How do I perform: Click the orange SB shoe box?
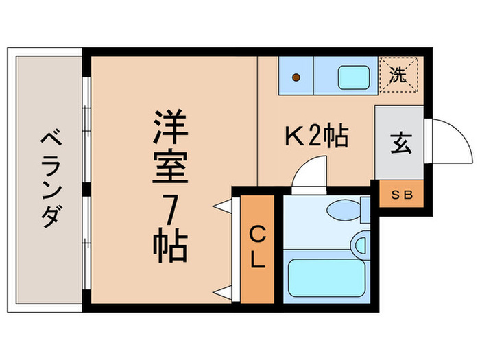coord(402,194)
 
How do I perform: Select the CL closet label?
coord(256,248)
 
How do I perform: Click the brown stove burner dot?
coord(296,77)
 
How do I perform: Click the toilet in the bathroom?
coord(346,211)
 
